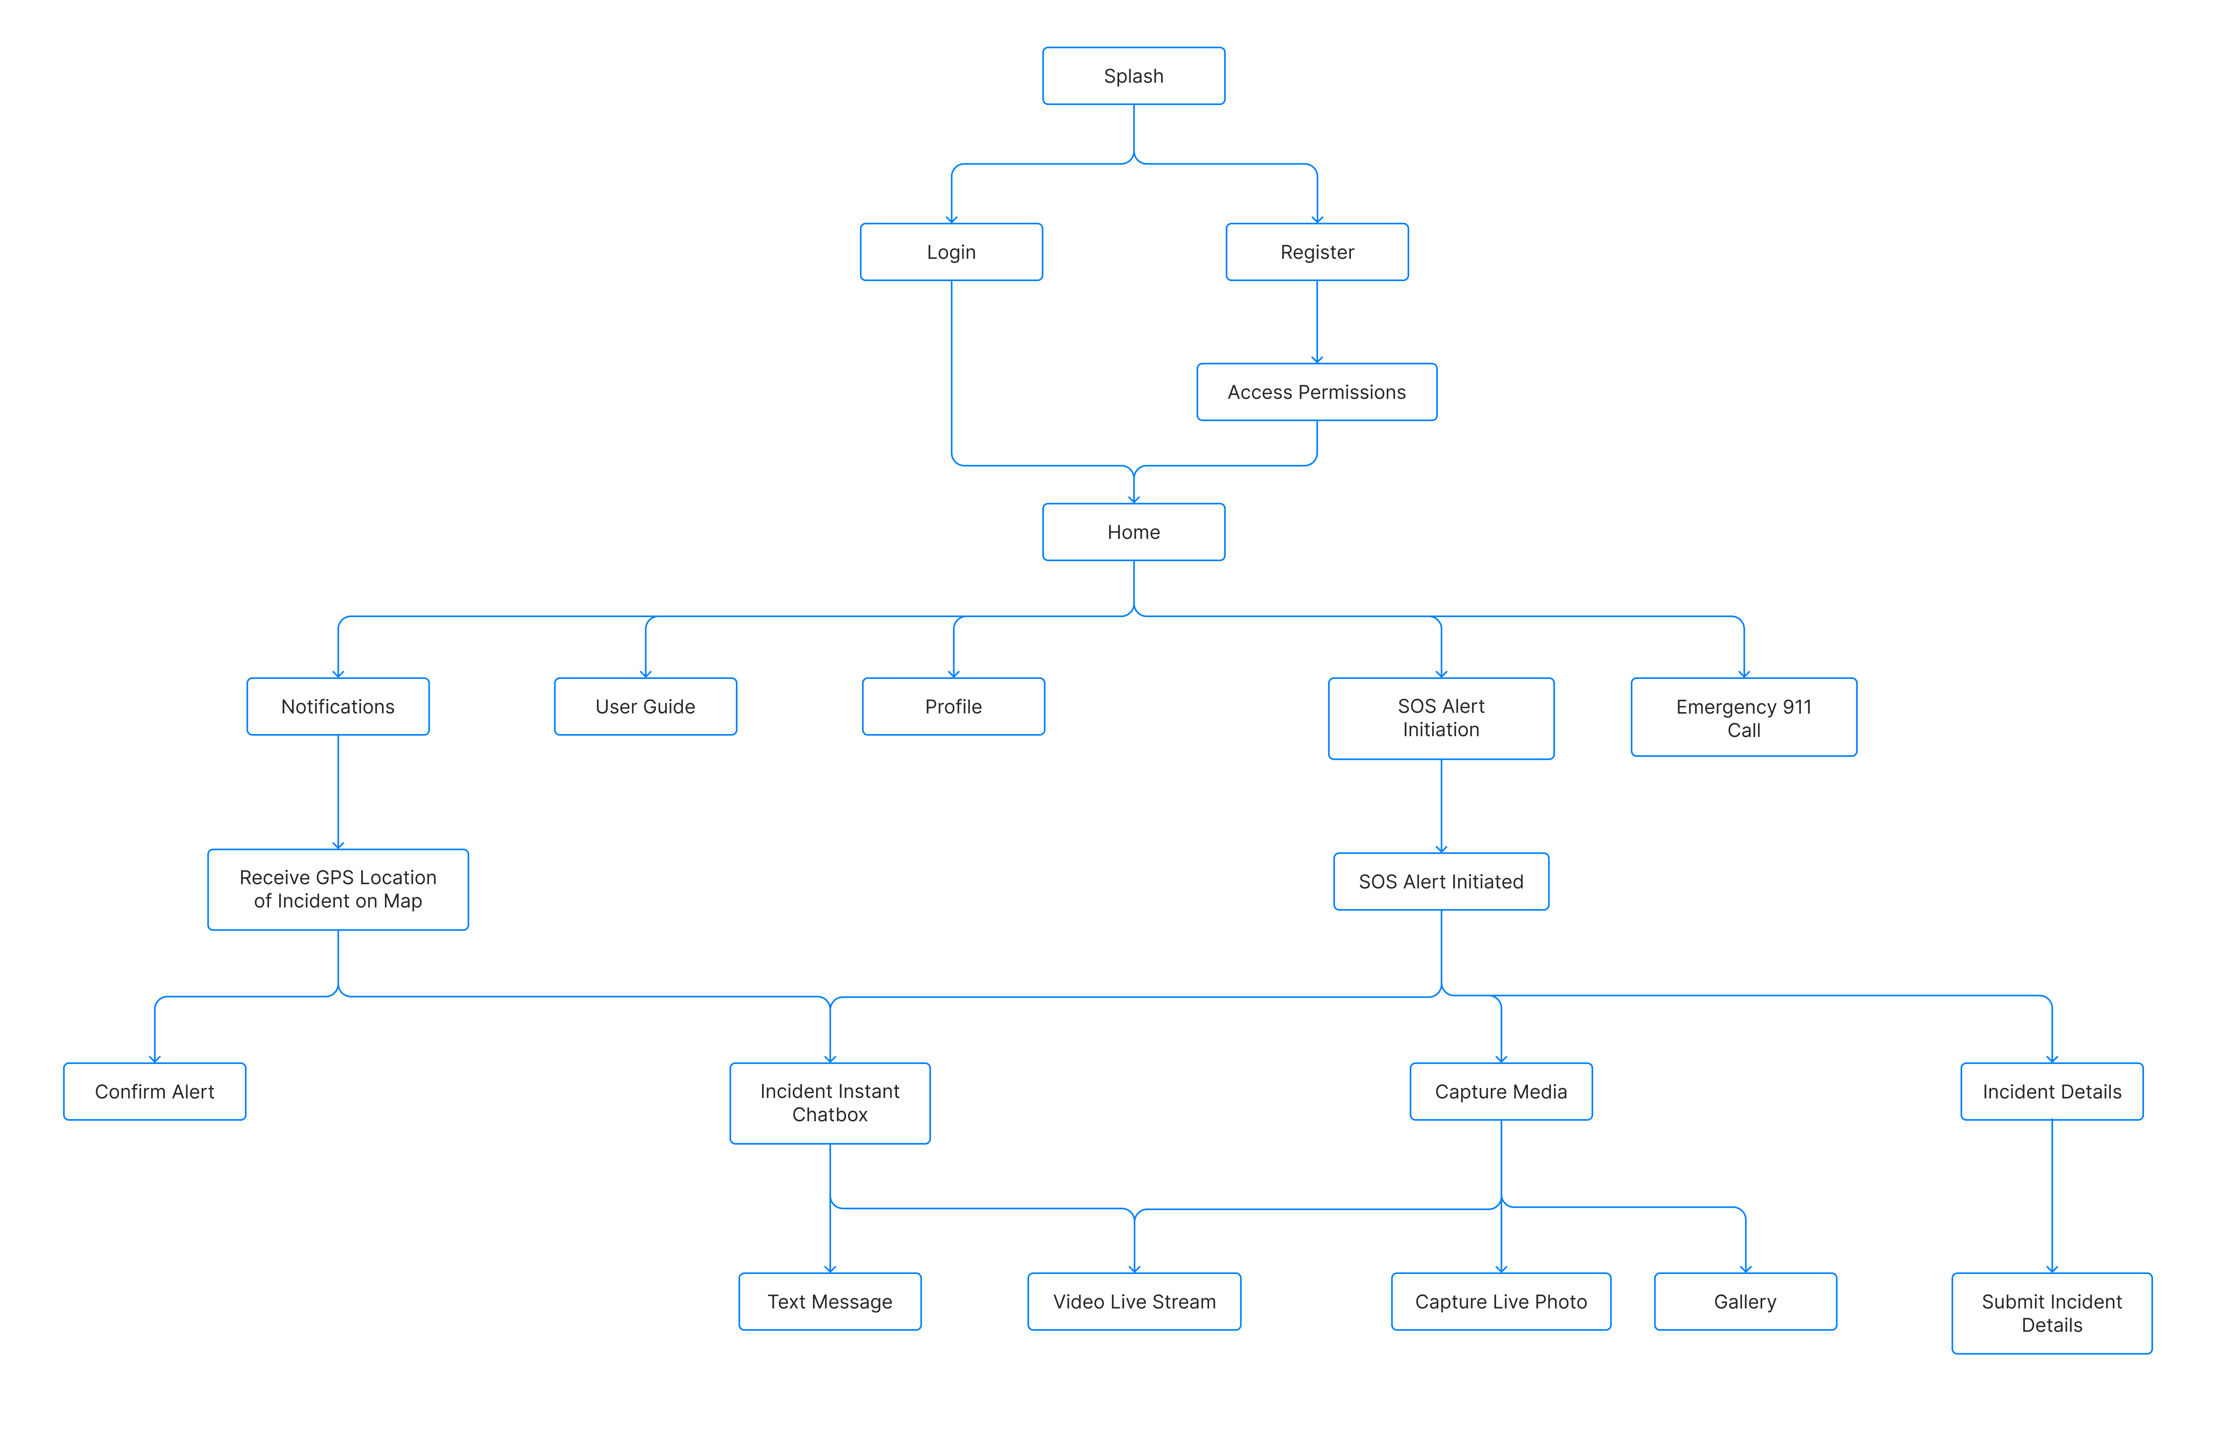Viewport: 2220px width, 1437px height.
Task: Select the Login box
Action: (951, 252)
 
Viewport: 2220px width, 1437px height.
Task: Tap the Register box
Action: (1317, 252)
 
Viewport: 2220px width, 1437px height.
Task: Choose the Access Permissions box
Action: (1317, 392)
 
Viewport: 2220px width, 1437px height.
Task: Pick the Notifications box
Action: (338, 706)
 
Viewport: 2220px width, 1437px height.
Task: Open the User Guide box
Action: (645, 706)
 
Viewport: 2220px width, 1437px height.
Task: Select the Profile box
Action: (953, 706)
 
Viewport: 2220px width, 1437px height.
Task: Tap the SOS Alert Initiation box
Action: (1441, 718)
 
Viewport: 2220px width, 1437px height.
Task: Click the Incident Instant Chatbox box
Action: (830, 1103)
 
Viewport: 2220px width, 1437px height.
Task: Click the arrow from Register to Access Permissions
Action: (1317, 322)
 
